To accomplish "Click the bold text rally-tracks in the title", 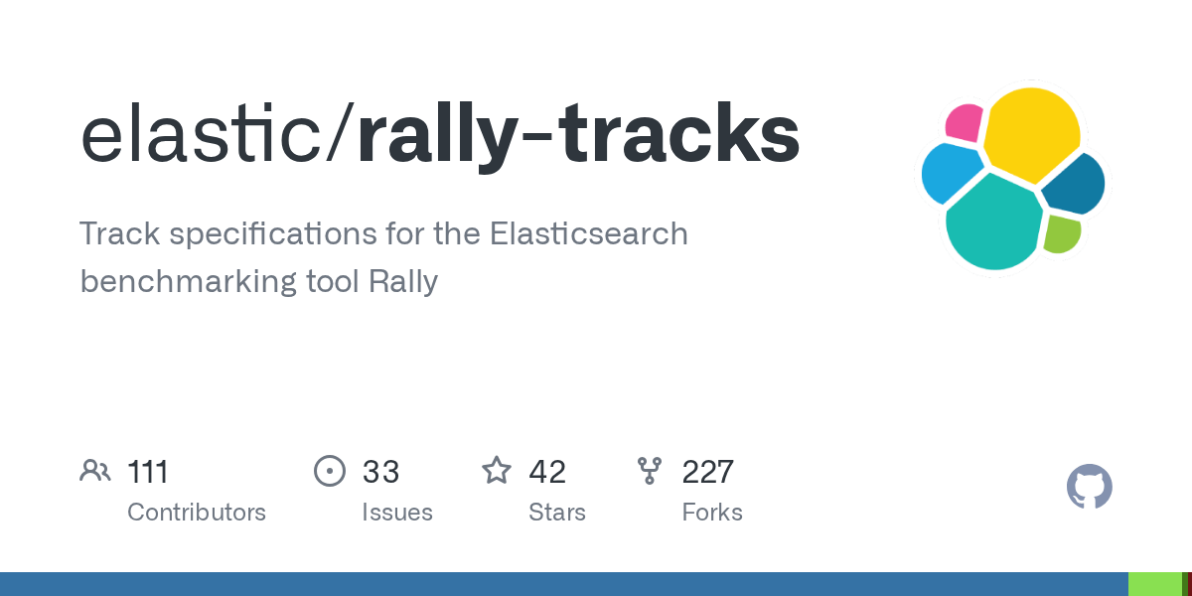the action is pyautogui.click(x=578, y=137).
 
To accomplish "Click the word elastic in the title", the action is pyautogui.click(x=201, y=133).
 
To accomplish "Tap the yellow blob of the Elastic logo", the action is pyautogui.click(x=1031, y=134).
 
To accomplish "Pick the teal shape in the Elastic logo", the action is pyautogui.click(x=993, y=222).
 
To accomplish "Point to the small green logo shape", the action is pyautogui.click(x=1062, y=234).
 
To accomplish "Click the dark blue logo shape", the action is pyautogui.click(x=1075, y=184).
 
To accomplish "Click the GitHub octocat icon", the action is pyautogui.click(x=1090, y=487).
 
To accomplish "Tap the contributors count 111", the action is pyautogui.click(x=148, y=472).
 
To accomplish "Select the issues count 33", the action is pyautogui.click(x=380, y=472).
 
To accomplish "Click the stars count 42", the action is pyautogui.click(x=547, y=472).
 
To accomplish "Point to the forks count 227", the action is pyautogui.click(x=707, y=472).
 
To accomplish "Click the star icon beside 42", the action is pyautogui.click(x=497, y=471).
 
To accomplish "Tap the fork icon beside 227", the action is pyautogui.click(x=650, y=471).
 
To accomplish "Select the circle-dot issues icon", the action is pyautogui.click(x=330, y=471).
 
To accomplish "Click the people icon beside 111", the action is pyautogui.click(x=95, y=471).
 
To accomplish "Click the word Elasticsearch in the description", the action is pyautogui.click(x=588, y=233).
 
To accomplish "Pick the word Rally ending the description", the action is pyautogui.click(x=403, y=281).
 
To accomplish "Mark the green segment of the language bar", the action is pyautogui.click(x=1154, y=584).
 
